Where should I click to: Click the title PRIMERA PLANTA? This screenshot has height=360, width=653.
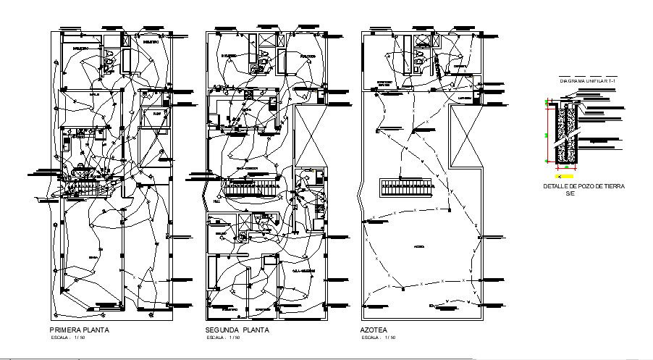[x=79, y=330]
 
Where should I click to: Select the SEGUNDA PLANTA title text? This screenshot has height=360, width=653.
[x=237, y=330]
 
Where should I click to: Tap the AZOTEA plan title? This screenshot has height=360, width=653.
[x=373, y=330]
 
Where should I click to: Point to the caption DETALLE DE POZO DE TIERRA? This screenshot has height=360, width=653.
[x=584, y=186]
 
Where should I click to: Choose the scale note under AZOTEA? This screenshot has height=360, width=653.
[x=378, y=338]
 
